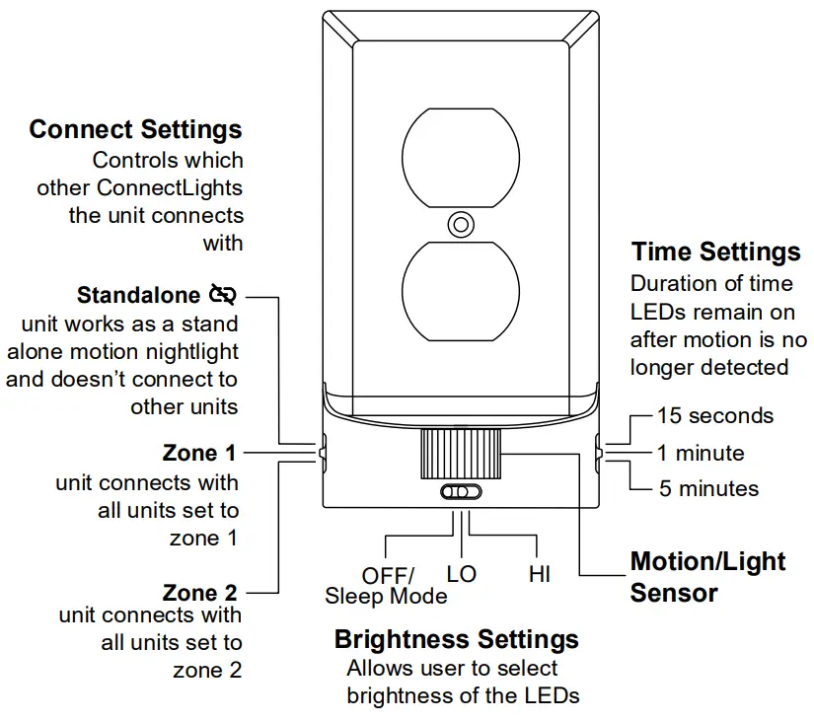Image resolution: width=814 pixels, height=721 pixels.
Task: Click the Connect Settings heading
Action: tap(135, 129)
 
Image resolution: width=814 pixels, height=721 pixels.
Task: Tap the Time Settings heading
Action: tap(715, 252)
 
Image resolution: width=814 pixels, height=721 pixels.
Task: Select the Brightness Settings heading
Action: tap(456, 639)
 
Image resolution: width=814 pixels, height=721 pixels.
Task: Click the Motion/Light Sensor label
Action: tap(707, 577)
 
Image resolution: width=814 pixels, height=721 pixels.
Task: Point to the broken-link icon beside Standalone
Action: tap(224, 295)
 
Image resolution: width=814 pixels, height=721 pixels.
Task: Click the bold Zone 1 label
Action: tap(199, 453)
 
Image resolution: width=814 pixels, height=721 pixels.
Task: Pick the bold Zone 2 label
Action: tap(200, 593)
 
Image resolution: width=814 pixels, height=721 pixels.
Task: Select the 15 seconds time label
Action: tap(715, 415)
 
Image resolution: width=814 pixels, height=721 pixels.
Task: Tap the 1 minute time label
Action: tap(701, 453)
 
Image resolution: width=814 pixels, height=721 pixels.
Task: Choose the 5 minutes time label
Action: tap(709, 488)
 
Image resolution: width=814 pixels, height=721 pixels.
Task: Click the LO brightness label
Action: tap(461, 574)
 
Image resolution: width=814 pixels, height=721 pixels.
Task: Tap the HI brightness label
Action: tap(539, 574)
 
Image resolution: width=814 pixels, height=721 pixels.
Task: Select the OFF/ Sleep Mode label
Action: tap(386, 586)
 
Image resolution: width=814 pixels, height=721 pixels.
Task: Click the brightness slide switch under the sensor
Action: tap(461, 492)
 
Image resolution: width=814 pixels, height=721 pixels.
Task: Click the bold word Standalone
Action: tap(140, 295)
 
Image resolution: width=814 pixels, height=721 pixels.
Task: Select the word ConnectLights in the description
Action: tap(170, 187)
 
